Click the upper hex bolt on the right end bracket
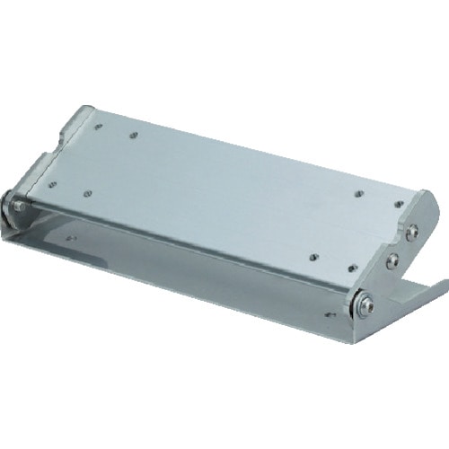[x=411, y=232]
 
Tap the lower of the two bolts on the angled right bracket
[x=392, y=261]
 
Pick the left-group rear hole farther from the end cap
[x=133, y=136]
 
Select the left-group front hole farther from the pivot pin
[x=89, y=191]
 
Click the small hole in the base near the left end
[x=70, y=239]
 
